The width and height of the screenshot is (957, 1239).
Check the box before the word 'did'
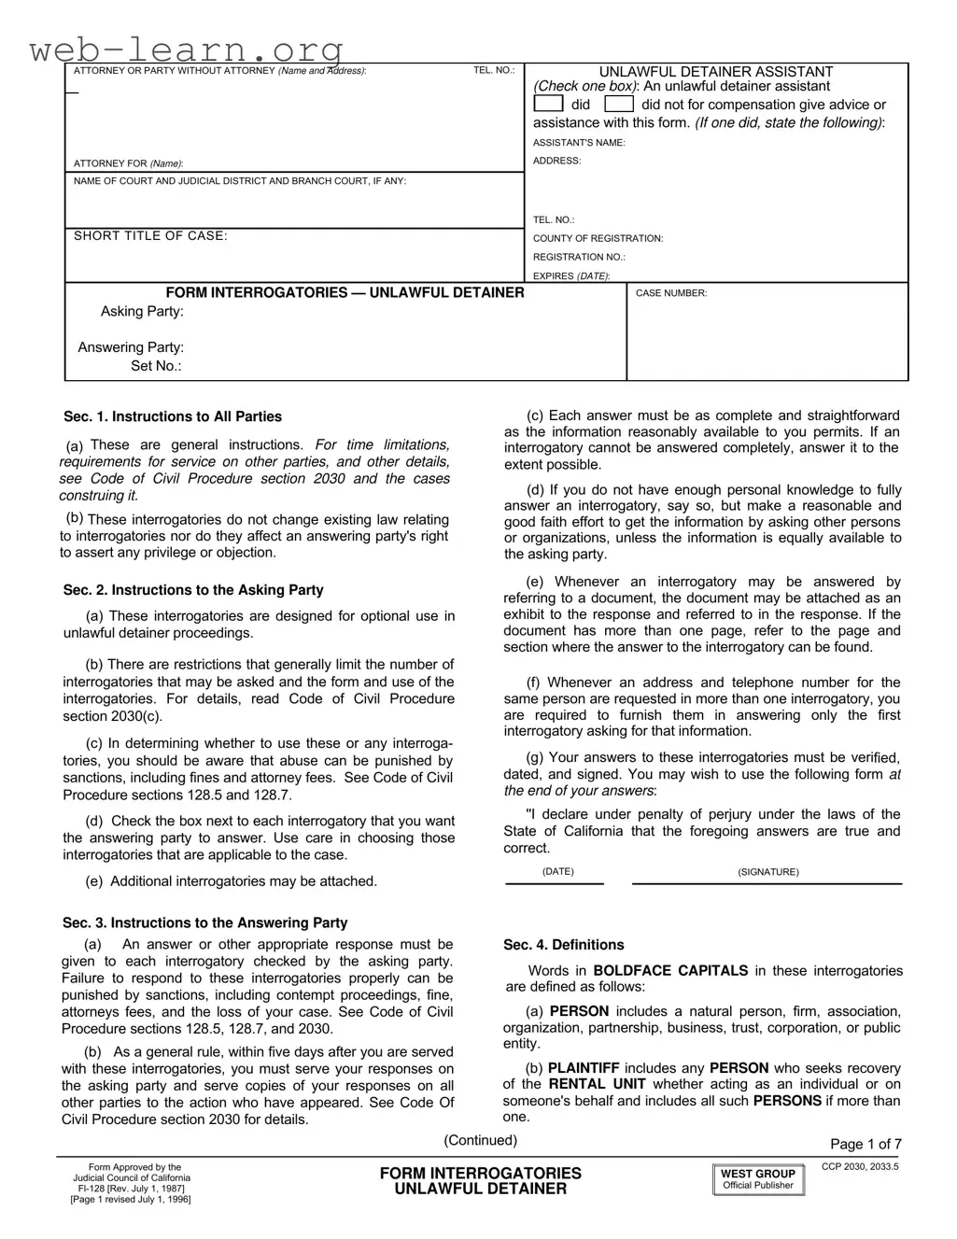pyautogui.click(x=548, y=105)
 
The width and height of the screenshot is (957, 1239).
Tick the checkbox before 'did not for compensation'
pyautogui.click(x=619, y=105)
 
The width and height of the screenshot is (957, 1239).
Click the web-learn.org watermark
pyautogui.click(x=187, y=49)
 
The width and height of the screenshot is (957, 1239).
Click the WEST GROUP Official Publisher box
pyautogui.click(x=757, y=1179)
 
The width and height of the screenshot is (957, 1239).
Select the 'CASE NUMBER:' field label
pyautogui.click(x=671, y=293)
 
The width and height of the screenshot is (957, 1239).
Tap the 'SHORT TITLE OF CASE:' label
pyautogui.click(x=150, y=236)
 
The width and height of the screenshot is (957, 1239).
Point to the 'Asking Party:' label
pyautogui.click(x=142, y=312)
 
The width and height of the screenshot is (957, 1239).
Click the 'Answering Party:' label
pyautogui.click(x=131, y=347)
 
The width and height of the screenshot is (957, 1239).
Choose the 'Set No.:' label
pyautogui.click(x=156, y=366)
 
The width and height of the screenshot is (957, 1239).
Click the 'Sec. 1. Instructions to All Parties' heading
pyautogui.click(x=173, y=416)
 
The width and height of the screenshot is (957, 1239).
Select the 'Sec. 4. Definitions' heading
pyautogui.click(x=564, y=945)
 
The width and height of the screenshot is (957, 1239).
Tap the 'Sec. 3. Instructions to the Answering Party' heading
pyautogui.click(x=205, y=922)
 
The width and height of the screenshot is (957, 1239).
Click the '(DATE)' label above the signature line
pyautogui.click(x=558, y=872)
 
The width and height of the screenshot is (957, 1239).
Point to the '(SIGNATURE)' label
pyautogui.click(x=768, y=872)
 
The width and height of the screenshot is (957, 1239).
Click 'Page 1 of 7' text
pyautogui.click(x=866, y=1145)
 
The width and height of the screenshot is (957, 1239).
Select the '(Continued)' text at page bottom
pyautogui.click(x=480, y=1140)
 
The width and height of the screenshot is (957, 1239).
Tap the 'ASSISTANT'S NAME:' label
pyautogui.click(x=579, y=143)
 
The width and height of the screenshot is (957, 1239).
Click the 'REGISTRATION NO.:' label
pyautogui.click(x=579, y=257)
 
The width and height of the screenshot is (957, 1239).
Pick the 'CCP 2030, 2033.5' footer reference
pyautogui.click(x=860, y=1167)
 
